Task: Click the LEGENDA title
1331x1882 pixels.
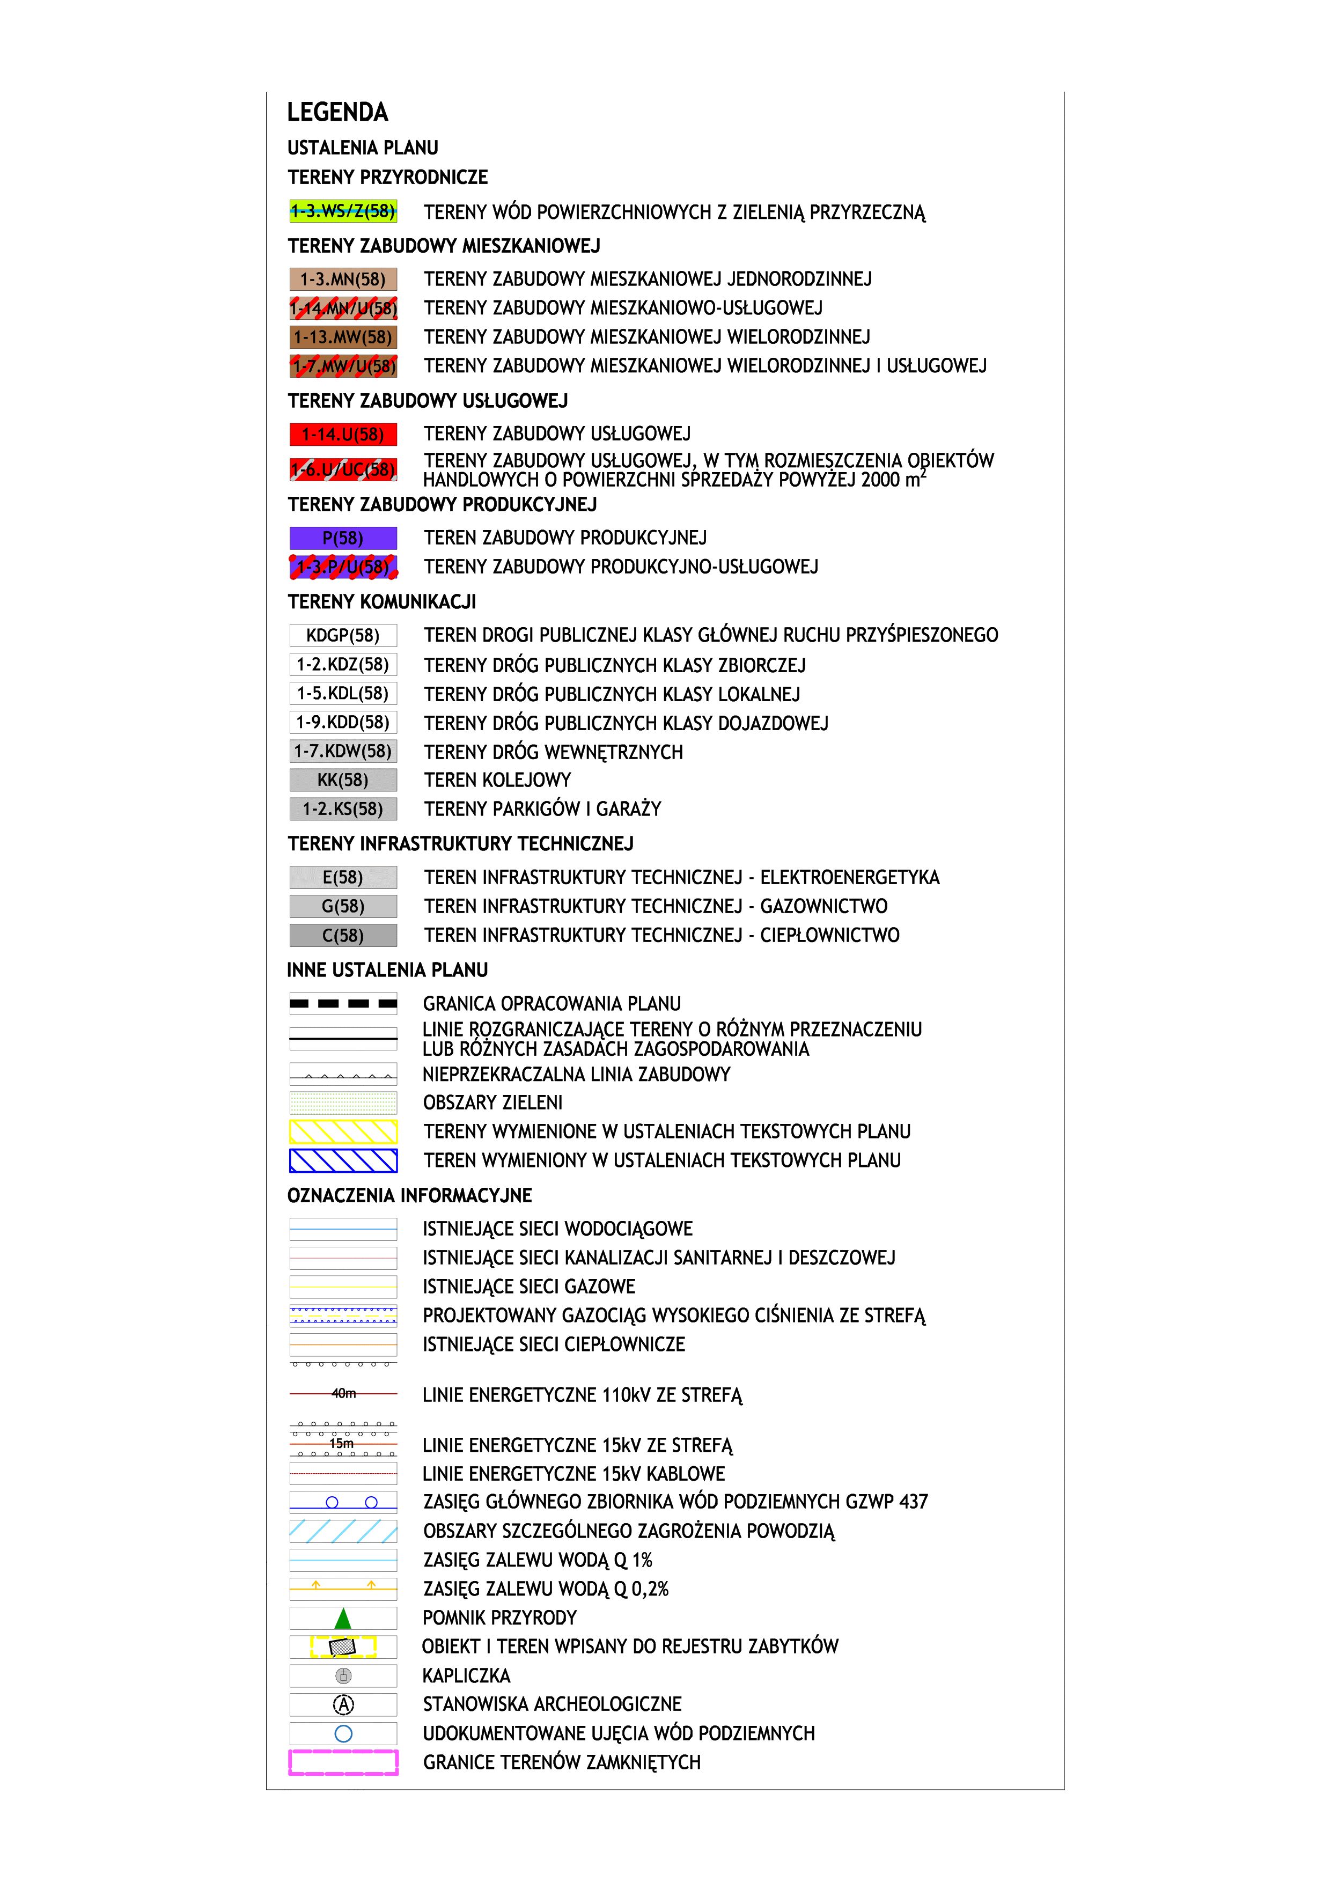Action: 337,112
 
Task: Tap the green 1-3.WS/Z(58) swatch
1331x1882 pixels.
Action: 343,211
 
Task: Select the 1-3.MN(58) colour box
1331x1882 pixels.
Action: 343,280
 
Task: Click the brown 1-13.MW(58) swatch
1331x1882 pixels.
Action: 343,337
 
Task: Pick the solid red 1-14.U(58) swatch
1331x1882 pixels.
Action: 343,435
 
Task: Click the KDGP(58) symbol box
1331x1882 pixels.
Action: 343,635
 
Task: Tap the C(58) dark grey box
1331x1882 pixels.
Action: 343,935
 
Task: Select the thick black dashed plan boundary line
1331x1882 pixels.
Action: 343,1003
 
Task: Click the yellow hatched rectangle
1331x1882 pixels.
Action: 343,1132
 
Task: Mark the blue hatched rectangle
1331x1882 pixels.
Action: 343,1160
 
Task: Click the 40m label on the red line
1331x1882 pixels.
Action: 343,1393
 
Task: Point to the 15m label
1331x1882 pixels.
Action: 341,1444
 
